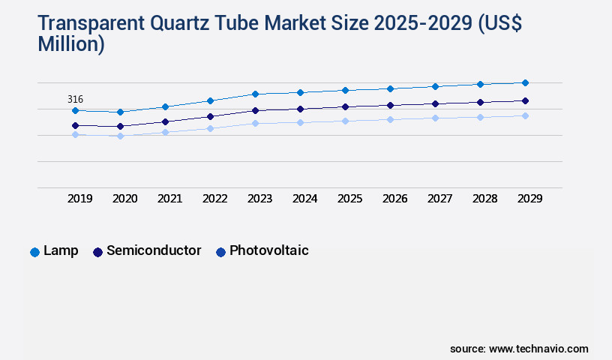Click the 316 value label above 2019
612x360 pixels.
(75, 99)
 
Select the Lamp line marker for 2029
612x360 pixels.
(525, 82)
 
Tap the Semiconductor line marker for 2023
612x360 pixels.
(255, 110)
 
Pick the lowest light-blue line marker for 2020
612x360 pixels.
(120, 136)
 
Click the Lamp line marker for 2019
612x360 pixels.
(75, 110)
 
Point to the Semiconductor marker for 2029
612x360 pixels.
(525, 100)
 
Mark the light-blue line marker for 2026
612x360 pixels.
(390, 119)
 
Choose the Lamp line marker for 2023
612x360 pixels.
(255, 94)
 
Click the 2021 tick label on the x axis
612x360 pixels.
(169, 199)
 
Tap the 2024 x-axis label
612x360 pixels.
(304, 199)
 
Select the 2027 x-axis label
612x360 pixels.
(439, 199)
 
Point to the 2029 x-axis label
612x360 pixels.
(529, 199)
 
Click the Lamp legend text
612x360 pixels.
(61, 250)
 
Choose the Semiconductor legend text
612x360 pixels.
(154, 250)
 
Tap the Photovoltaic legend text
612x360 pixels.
(269, 250)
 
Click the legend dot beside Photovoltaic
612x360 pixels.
(220, 252)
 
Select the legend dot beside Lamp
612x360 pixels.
(34, 252)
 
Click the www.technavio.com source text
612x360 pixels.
(538, 349)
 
